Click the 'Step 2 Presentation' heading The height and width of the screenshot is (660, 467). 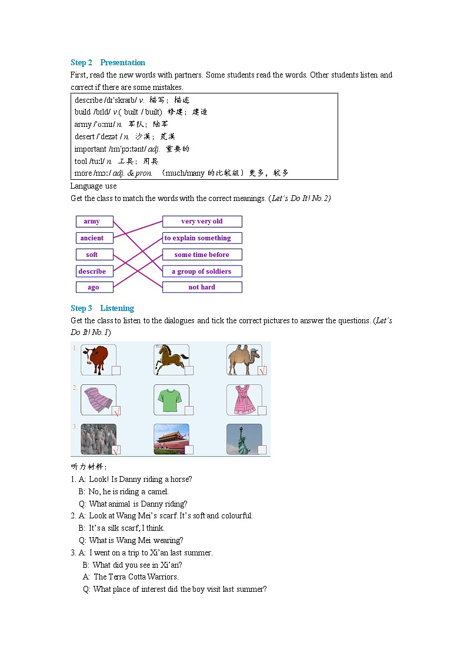pos(108,63)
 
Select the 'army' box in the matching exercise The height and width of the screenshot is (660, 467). pos(92,222)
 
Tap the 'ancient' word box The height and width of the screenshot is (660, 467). pos(92,238)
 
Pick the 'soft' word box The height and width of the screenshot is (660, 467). pos(92,254)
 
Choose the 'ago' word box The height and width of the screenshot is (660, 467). pos(93,287)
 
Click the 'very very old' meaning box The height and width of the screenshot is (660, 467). pos(202,222)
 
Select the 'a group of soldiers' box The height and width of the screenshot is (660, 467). pos(202,272)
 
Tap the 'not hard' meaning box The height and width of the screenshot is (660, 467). pos(202,287)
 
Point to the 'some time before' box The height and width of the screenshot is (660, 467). pos(202,254)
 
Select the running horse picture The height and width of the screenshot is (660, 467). pos(171,359)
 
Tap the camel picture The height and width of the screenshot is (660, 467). pos(242,359)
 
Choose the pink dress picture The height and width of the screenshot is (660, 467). pos(242,399)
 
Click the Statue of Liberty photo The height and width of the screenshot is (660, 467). pos(242,439)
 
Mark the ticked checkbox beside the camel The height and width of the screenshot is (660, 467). pos(262,370)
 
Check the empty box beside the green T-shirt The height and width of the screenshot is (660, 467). pos(189,410)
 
